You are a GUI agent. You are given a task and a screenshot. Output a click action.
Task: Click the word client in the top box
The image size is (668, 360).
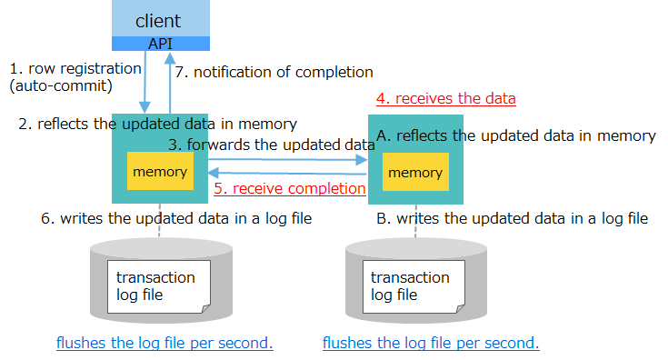click(x=158, y=20)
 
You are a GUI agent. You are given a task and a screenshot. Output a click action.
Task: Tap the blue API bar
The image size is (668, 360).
click(x=160, y=44)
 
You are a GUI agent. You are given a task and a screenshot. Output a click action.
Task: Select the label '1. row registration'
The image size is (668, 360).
click(x=75, y=68)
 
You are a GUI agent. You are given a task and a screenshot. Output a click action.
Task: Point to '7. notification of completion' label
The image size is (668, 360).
click(x=274, y=72)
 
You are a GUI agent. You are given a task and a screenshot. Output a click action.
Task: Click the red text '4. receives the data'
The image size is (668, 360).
click(x=446, y=98)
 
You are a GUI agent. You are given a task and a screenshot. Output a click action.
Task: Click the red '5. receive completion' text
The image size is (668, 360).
click(x=289, y=189)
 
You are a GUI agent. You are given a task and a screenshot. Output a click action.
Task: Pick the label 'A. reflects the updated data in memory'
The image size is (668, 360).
click(x=516, y=135)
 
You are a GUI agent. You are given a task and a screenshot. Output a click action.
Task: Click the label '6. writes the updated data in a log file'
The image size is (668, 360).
click(x=177, y=218)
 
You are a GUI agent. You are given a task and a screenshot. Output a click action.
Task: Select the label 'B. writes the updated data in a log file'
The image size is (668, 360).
click(x=513, y=218)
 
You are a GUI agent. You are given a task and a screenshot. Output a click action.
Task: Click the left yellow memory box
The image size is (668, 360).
click(x=160, y=171)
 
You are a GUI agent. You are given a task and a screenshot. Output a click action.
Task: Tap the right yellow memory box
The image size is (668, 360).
click(x=415, y=172)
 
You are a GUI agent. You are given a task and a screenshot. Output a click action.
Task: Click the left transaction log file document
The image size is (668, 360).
click(x=157, y=286)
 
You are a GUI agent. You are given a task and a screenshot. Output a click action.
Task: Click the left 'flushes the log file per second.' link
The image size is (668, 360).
click(x=165, y=343)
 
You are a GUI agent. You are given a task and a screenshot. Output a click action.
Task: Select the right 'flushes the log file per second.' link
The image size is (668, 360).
click(x=431, y=343)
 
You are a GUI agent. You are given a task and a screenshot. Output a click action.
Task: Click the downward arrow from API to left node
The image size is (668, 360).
click(x=145, y=82)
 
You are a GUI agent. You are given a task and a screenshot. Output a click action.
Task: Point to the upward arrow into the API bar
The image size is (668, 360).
click(x=169, y=82)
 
